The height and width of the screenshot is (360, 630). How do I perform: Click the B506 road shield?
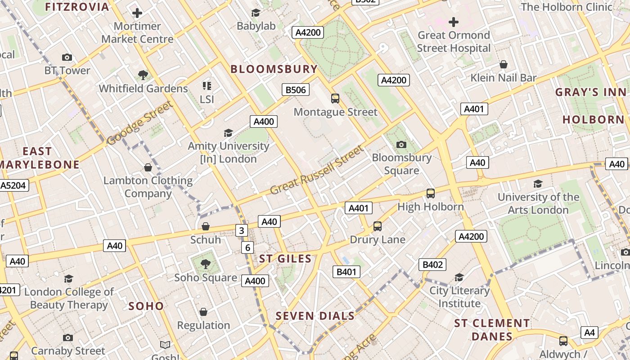[296, 90]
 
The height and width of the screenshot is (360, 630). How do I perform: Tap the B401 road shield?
[346, 271]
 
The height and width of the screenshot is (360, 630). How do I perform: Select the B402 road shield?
[432, 265]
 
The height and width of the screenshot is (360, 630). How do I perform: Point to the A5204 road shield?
[14, 185]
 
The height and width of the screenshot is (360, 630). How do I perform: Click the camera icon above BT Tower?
[67, 57]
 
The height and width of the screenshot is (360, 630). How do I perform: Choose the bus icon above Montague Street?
[335, 99]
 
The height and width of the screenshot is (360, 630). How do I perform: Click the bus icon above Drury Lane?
[378, 226]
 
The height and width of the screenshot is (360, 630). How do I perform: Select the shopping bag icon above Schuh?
[206, 226]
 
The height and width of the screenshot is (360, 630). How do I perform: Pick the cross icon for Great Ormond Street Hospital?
[454, 22]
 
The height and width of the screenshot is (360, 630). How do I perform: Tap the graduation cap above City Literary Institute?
[459, 277]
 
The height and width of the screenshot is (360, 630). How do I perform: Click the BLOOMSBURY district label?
[274, 69]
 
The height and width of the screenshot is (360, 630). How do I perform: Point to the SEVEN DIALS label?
[315, 316]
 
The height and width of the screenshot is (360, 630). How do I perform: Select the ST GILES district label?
[285, 259]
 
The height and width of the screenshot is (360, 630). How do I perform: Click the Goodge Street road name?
[139, 123]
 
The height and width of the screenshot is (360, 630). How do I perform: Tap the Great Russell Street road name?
[317, 171]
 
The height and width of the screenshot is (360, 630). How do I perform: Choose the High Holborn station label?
[431, 207]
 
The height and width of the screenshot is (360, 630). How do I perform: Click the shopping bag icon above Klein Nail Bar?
[504, 64]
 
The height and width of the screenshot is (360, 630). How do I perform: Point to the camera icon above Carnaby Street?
[68, 337]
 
